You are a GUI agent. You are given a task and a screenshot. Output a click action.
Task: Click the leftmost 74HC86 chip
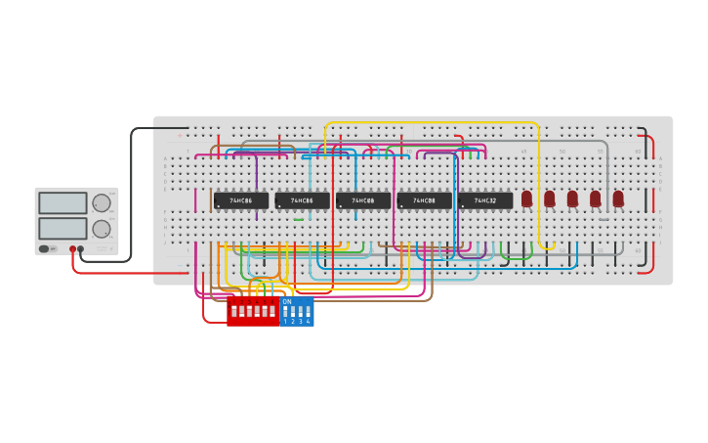pos(240,200)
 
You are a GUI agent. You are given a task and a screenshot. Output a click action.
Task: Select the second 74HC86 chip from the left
pos(302,200)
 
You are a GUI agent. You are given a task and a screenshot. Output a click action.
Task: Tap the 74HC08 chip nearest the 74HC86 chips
pos(362,200)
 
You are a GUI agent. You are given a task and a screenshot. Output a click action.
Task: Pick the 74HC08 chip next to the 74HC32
pos(424,200)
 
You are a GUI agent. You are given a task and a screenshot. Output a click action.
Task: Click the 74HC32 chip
pos(484,200)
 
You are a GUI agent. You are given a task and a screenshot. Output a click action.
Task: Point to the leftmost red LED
pos(526,199)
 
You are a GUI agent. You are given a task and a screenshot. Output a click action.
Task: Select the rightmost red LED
pos(618,199)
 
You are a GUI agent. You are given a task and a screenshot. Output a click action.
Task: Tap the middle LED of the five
pos(572,199)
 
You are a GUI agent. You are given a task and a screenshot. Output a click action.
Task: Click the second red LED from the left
pos(549,199)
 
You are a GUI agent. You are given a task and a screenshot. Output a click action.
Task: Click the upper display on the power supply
pos(62,203)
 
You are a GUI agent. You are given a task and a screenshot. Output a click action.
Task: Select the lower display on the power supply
pos(62,228)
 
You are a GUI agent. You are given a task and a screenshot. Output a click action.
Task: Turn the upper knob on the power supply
pos(102,203)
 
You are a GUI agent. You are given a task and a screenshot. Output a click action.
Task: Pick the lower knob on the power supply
pos(102,229)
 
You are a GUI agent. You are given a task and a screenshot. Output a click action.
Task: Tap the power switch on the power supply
pos(45,248)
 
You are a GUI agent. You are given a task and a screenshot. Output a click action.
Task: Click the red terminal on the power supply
pos(72,249)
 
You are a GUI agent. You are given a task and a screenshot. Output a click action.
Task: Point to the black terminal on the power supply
pos(81,249)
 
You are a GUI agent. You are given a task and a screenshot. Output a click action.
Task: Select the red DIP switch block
pos(253,312)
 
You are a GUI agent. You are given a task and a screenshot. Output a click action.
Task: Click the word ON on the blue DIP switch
pos(287,302)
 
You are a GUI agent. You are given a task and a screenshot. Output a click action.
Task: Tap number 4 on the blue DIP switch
pos(309,321)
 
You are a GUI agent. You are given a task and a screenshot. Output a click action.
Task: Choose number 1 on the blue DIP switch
pos(286,321)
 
